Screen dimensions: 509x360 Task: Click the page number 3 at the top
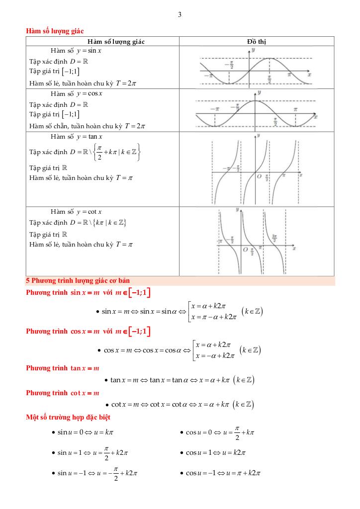point(180,15)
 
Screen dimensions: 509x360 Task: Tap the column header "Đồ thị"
point(256,41)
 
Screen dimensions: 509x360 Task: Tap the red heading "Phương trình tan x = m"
point(63,368)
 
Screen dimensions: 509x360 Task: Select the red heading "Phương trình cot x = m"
point(63,393)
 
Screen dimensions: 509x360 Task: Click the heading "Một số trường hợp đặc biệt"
point(68,418)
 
